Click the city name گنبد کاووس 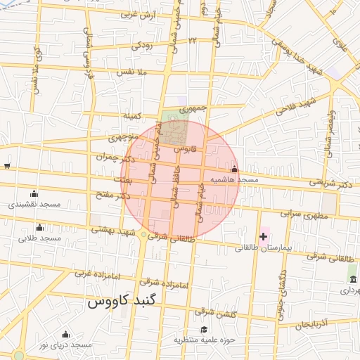point(123,302)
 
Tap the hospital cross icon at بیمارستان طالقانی point(264,237)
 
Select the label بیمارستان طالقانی point(266,248)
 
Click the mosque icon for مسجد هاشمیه point(234,169)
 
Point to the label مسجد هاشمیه point(238,180)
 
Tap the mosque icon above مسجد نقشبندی point(34,193)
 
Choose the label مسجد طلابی point(40,238)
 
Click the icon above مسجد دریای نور point(65,334)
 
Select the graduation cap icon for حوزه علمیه point(204,329)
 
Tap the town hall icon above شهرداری point(352,279)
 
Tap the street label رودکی point(141,46)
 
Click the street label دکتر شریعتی point(327,182)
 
